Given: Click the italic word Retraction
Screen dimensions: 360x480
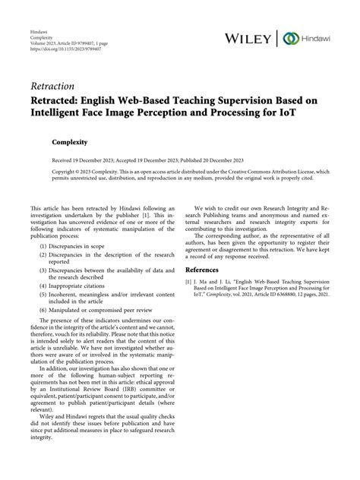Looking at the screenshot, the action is (x=55, y=87).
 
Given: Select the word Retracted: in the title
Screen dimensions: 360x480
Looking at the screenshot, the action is (x=61, y=103).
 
